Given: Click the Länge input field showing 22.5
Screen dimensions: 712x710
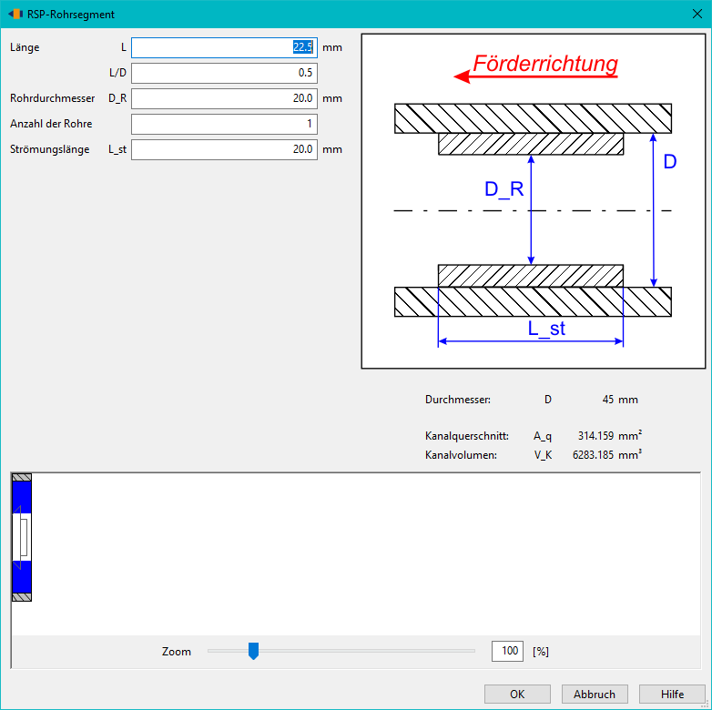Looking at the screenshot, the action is (224, 47).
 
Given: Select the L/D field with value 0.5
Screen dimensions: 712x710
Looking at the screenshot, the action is (224, 73).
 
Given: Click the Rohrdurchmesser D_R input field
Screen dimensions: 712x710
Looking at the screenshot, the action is (224, 98).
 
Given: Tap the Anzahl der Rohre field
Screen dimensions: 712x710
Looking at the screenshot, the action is (224, 124).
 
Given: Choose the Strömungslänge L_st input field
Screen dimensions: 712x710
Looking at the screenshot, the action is (224, 149).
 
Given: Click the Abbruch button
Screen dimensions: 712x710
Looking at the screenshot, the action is (595, 695).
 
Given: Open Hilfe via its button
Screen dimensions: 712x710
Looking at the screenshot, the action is (672, 695).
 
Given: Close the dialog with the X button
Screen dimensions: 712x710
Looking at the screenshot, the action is (697, 14).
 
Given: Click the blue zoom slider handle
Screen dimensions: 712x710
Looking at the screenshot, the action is (253, 651).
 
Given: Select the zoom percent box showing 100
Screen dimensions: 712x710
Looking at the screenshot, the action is (507, 651).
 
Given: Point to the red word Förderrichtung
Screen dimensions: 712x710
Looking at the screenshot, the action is (545, 64).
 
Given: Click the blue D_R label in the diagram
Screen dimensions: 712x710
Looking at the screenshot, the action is (504, 188).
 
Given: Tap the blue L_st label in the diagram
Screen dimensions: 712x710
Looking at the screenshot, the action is (546, 329).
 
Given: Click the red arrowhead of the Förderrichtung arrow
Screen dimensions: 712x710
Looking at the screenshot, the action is (462, 76).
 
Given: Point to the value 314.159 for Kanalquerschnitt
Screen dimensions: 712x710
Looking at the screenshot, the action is (595, 436).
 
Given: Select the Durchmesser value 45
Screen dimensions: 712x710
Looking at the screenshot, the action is (608, 400).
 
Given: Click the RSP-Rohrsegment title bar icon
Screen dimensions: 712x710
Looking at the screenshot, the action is (15, 14).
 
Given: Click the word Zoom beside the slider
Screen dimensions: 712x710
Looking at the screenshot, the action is (177, 652).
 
